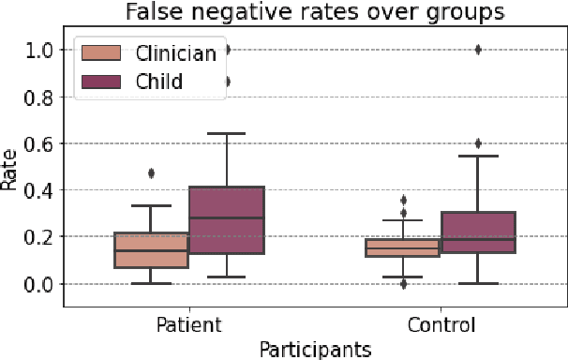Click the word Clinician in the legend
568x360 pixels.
(x=174, y=53)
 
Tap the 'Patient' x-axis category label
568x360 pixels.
(x=188, y=326)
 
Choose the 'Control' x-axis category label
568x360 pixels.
(x=441, y=326)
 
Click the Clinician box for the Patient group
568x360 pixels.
(x=151, y=250)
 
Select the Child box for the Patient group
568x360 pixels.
(x=227, y=220)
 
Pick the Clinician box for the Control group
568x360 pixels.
(x=402, y=247)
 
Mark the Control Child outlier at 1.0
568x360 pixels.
(x=478, y=50)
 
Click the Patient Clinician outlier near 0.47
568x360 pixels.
(x=151, y=173)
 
